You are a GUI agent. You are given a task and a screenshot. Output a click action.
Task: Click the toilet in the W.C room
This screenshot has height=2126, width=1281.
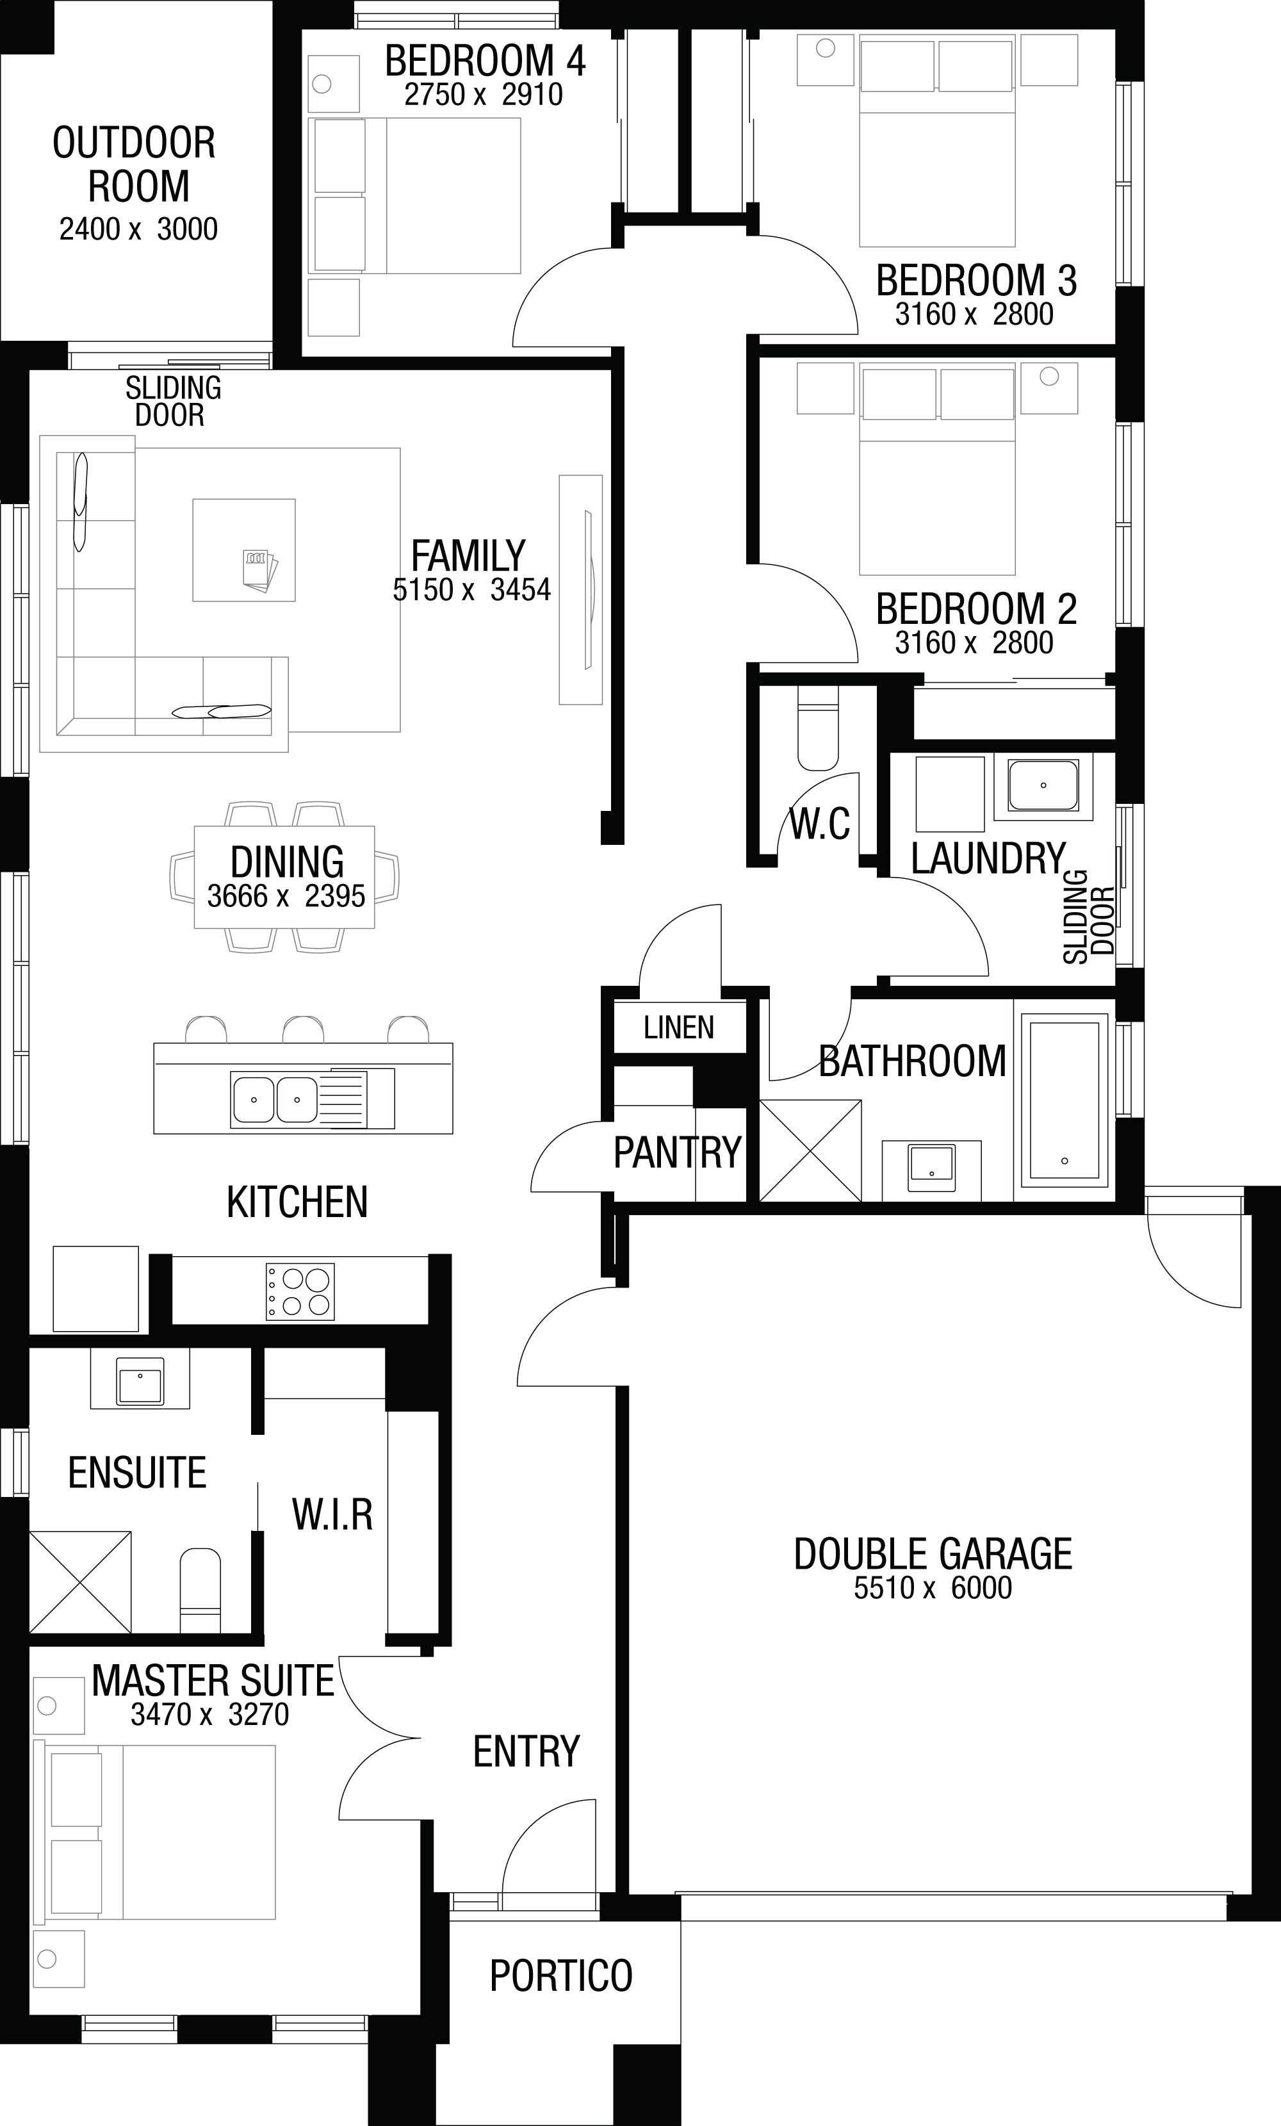818,728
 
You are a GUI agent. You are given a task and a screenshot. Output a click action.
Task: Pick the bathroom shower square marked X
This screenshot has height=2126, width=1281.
810,1150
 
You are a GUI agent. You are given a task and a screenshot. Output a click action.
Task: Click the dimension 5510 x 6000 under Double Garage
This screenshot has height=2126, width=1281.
933,1587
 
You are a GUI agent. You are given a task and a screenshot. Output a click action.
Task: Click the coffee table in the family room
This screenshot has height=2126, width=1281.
244,550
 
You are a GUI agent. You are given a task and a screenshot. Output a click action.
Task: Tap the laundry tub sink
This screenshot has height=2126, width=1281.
1043,785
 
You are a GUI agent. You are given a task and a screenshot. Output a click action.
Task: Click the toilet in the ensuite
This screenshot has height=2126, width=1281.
200,1589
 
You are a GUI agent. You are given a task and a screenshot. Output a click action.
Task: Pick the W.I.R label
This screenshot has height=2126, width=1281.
332,1514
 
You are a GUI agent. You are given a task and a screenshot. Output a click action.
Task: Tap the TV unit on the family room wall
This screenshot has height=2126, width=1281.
580,589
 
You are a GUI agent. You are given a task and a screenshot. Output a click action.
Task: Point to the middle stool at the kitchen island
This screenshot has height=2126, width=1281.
304,1030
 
